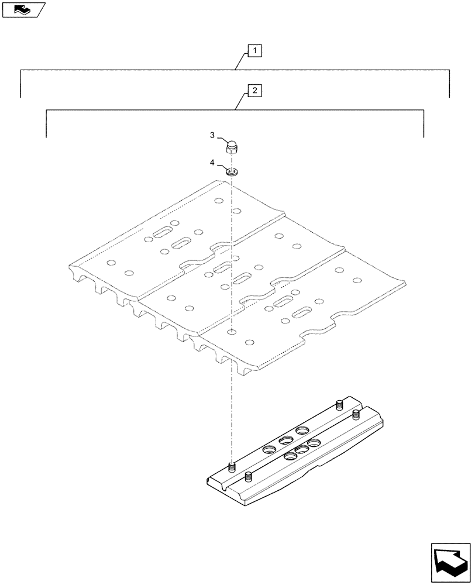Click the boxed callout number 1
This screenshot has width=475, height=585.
(x=254, y=51)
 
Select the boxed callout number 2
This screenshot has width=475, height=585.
(x=254, y=91)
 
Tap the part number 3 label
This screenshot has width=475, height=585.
(x=212, y=135)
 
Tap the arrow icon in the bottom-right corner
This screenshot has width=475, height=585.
(x=450, y=561)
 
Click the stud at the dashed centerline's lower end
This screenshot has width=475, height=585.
(x=232, y=467)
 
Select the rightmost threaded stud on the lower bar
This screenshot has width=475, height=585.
(x=356, y=415)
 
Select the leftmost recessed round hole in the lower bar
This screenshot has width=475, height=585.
(x=270, y=449)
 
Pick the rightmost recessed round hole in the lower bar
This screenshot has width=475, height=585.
(x=314, y=442)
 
